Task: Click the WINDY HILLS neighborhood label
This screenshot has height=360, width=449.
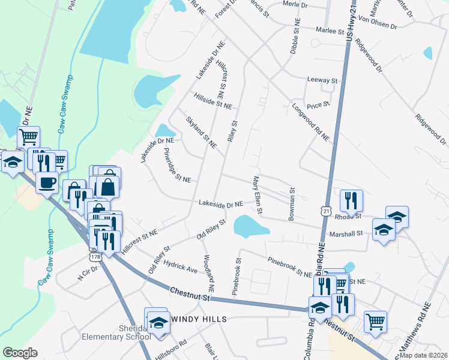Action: point(199,319)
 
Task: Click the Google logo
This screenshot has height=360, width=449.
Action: point(20,353)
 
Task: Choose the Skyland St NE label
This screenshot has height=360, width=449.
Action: point(200,132)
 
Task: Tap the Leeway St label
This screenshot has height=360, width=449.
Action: point(322,80)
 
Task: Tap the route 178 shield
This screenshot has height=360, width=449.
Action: point(95,256)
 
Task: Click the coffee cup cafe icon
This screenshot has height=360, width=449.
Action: point(46,182)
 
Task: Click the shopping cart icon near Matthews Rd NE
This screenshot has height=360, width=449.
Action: point(375,320)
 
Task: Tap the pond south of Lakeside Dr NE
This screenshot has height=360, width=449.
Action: point(250,226)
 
